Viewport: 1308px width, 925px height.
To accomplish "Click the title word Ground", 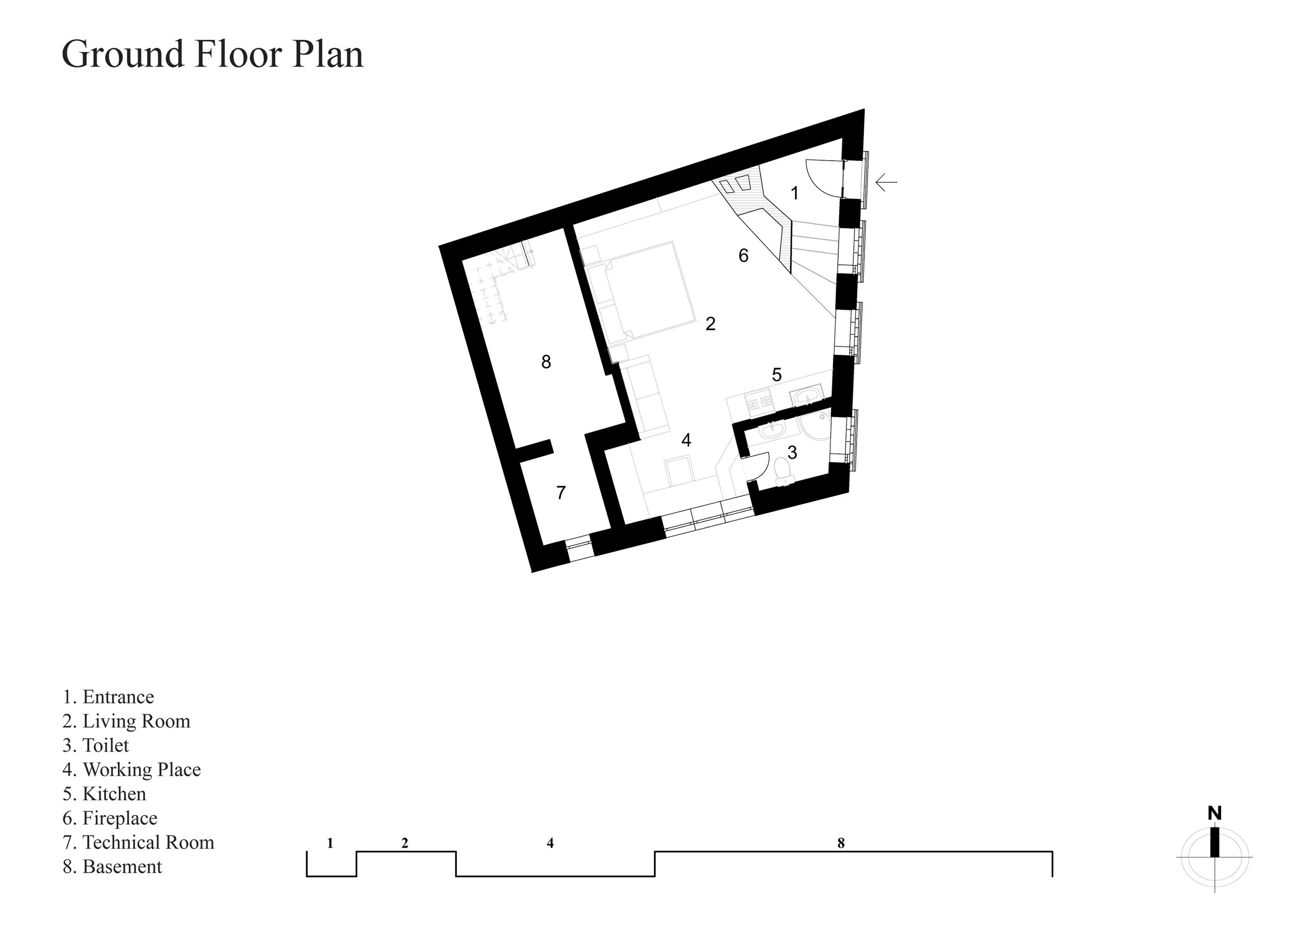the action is pos(122,55).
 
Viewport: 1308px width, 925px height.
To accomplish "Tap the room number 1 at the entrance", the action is pos(795,193).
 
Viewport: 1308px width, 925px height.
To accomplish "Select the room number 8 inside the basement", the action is pos(546,361).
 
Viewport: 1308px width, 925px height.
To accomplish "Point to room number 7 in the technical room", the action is pos(561,493).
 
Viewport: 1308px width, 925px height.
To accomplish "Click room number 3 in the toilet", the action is pos(792,452).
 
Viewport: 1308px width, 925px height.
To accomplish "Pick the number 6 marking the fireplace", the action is pos(743,255).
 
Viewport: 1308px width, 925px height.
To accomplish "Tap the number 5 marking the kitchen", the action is pos(776,374).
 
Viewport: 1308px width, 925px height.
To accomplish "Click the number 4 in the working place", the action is pos(686,440).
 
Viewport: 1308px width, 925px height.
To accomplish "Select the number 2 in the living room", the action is pos(711,324).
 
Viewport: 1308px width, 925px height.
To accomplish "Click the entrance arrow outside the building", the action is pos(886,182).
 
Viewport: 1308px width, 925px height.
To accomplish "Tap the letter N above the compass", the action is pos(1214,813).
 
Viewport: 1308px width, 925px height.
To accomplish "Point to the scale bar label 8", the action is pos(841,843).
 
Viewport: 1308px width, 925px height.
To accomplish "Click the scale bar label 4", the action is pos(550,843).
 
